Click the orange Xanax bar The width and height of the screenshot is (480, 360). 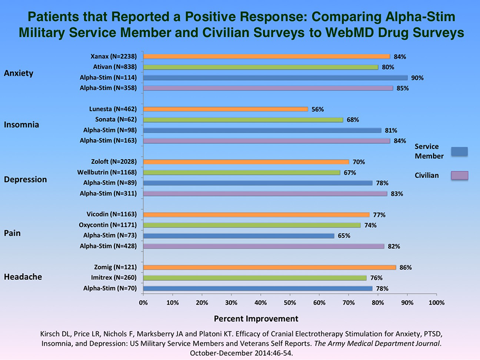[x=266, y=56]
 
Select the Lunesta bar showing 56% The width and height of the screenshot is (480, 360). [x=225, y=109]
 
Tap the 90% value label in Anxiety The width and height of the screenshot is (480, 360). [x=418, y=77]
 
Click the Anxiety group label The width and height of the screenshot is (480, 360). [x=18, y=73]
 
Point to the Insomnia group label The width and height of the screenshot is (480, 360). [x=22, y=125]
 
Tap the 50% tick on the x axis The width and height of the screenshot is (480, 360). [x=290, y=303]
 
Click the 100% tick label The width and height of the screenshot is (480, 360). [x=437, y=303]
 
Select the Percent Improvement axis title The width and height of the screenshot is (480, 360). [x=256, y=318]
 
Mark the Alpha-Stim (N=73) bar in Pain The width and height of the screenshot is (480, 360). [x=238, y=236]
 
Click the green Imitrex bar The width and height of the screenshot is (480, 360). [x=255, y=278]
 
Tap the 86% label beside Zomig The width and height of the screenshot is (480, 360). [x=405, y=267]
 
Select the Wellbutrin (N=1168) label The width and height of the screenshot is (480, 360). [x=107, y=172]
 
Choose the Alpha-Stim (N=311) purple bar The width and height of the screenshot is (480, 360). [x=265, y=193]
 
